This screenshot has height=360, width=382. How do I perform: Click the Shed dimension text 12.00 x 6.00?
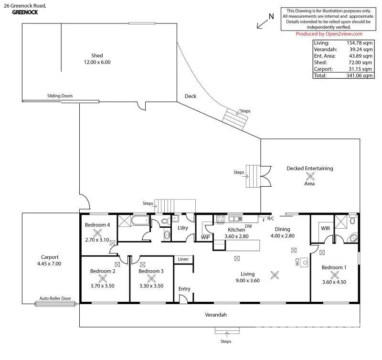97,62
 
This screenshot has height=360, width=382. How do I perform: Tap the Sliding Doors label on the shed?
60,96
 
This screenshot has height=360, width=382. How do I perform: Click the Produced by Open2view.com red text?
329,34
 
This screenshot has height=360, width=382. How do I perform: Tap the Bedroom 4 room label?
97,225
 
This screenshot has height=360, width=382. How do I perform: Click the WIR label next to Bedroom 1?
325,229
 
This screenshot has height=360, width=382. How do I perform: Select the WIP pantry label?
205,237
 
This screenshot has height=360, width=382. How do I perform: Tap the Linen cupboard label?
183,259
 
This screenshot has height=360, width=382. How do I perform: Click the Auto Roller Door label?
55,298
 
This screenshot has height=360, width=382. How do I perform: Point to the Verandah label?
216,315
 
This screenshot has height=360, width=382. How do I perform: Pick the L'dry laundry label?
182,228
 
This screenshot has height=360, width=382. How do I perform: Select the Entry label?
184,289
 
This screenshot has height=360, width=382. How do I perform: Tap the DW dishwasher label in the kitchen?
248,226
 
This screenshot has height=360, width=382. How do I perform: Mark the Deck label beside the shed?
191,96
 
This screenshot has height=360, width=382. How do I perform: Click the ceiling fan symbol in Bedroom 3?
151,279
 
